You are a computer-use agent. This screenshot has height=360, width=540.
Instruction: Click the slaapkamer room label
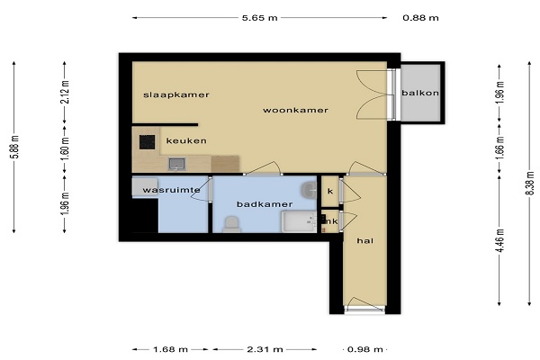pos(176,94)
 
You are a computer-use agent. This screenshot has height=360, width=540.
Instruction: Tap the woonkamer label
pos(295,110)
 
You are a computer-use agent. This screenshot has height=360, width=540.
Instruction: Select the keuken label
pos(186,140)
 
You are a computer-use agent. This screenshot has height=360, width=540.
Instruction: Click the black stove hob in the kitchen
pos(147,142)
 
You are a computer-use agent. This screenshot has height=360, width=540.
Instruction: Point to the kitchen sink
pos(176,164)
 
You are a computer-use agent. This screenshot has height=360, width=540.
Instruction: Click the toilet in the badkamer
pos(231,224)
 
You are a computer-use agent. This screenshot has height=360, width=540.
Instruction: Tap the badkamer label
pos(265,204)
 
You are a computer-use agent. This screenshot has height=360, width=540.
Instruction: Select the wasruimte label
pos(171,190)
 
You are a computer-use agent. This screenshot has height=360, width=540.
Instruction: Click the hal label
pos(365,241)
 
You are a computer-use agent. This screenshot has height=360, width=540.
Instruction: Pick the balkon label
pos(420,93)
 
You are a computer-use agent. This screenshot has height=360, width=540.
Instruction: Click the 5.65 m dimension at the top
pos(260,18)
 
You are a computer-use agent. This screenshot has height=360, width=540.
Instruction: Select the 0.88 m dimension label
pos(420,18)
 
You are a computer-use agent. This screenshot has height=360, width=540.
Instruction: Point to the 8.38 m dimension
pos(530,183)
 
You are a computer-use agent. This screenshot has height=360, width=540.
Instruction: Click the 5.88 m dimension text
pos(14,147)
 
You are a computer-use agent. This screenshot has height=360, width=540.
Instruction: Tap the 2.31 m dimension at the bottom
pos(265,350)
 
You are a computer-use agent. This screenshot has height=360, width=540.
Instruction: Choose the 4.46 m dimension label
pos(500,240)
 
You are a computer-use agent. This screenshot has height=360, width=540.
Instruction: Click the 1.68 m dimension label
pos(170,350)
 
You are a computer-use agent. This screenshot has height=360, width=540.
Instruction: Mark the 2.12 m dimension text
pos(65,92)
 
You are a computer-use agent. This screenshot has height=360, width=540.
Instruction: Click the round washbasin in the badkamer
pos(309,190)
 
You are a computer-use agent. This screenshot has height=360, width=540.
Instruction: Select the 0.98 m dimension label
pos(365,350)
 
